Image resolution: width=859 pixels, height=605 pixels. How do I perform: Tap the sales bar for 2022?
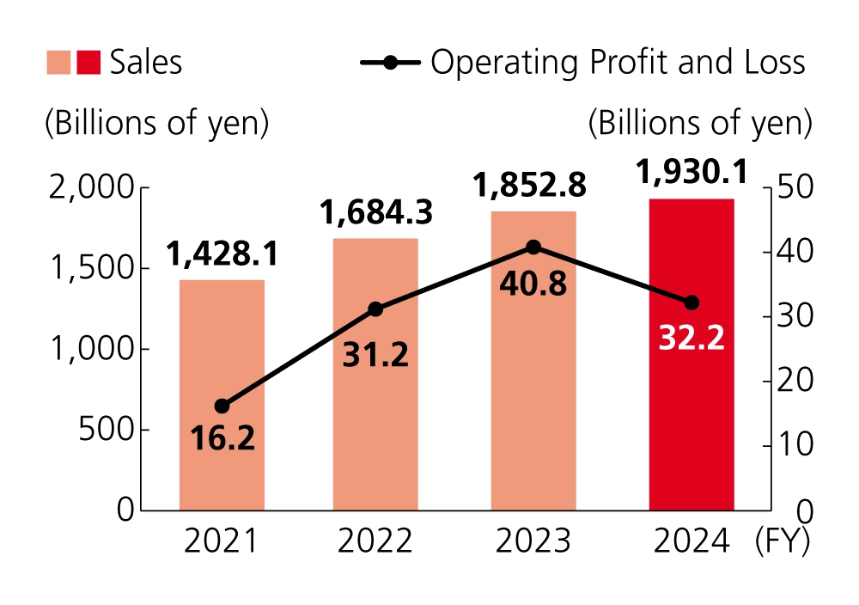(375, 412)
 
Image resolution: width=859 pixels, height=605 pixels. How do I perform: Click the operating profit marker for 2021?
(222, 406)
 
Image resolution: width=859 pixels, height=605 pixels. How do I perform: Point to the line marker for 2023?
(533, 247)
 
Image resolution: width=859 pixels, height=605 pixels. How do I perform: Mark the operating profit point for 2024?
(691, 302)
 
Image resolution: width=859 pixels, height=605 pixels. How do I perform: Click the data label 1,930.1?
(692, 173)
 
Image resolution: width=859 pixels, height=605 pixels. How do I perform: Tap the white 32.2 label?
(691, 338)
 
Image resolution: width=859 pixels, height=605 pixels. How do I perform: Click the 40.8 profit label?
(533, 283)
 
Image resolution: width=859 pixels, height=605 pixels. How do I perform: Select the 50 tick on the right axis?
(793, 187)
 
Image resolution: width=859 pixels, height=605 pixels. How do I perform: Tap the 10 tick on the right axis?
(791, 445)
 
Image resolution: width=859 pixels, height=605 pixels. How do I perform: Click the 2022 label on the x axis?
(375, 541)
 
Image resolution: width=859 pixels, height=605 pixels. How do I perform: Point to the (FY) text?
(782, 541)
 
